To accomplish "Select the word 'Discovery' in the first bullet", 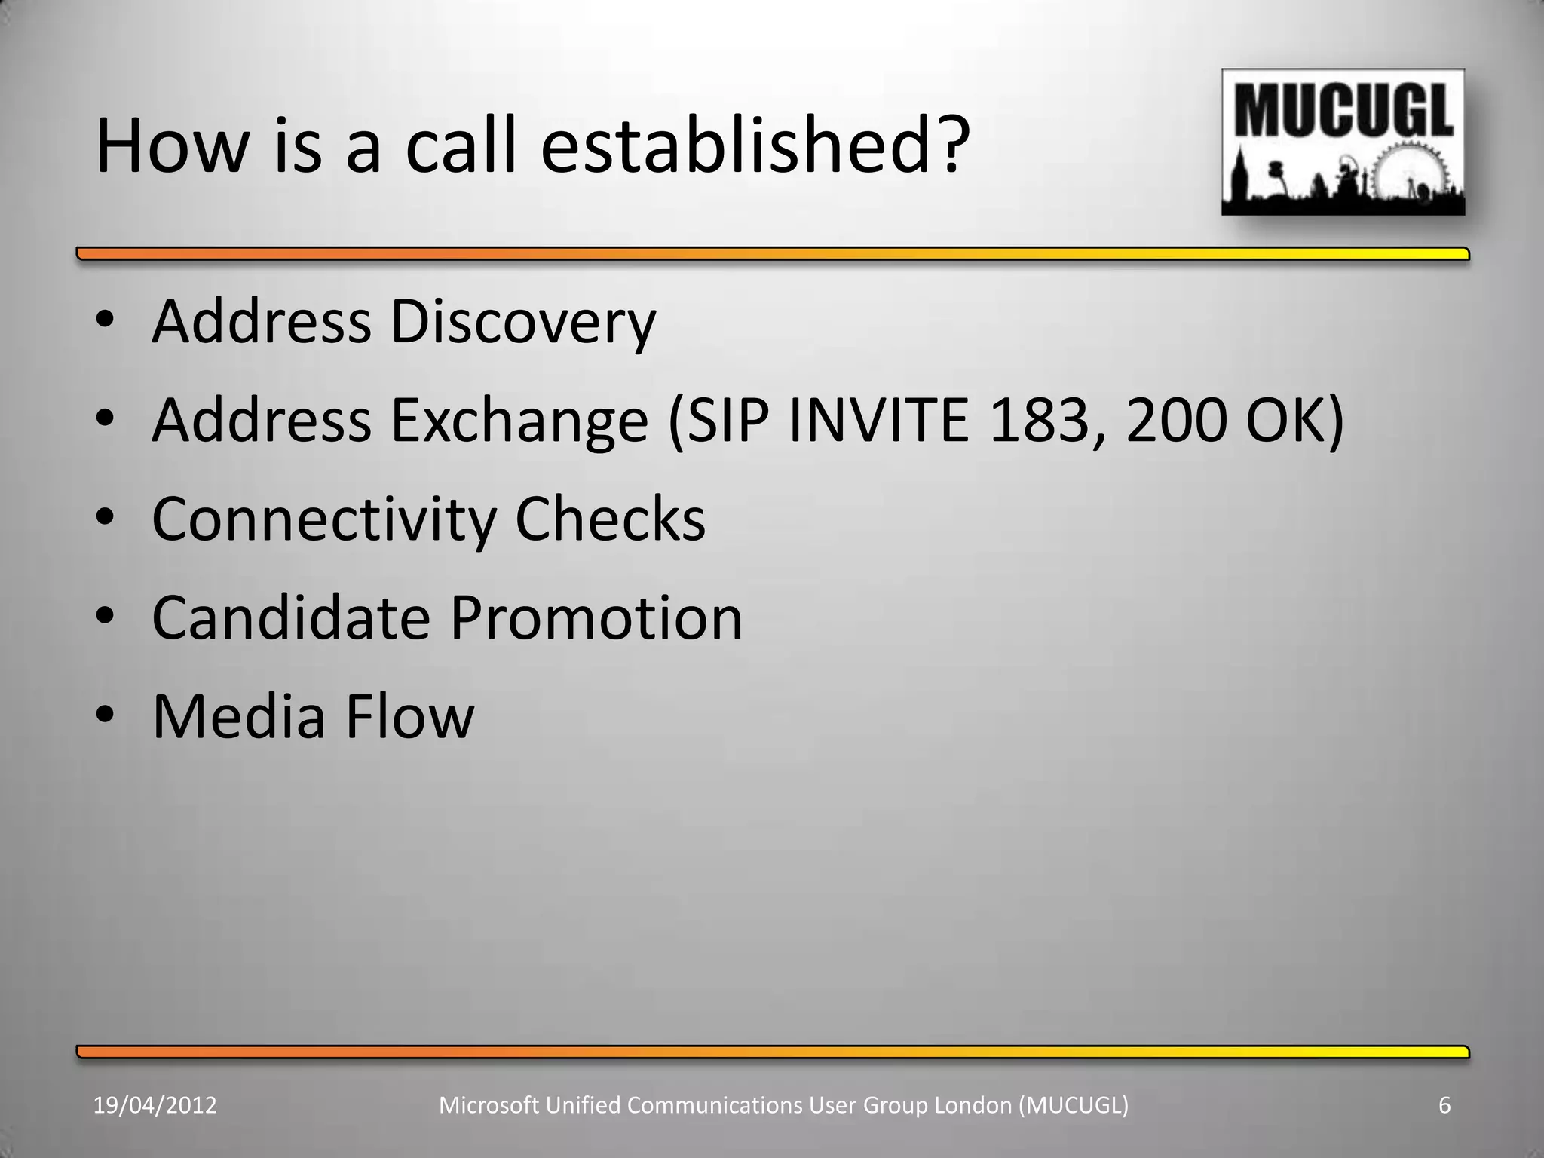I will (522, 323).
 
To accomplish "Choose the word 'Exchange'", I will (519, 422).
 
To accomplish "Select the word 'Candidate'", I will (291, 618).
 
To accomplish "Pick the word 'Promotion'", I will (596, 618).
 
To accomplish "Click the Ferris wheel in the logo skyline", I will (1411, 175).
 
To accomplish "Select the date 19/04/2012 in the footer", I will (155, 1105).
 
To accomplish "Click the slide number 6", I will (1444, 1105).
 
